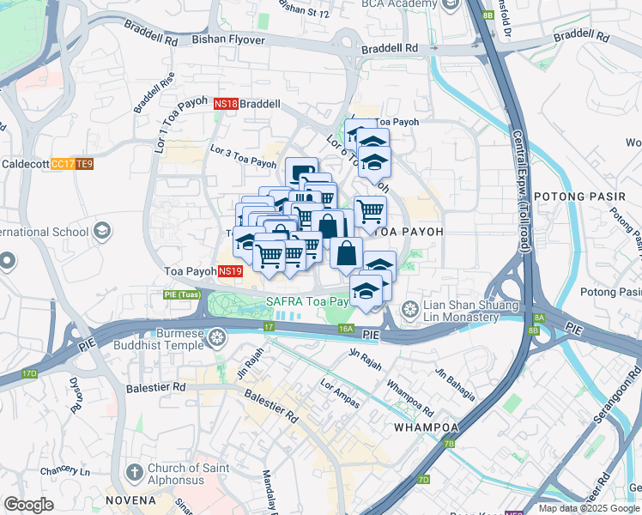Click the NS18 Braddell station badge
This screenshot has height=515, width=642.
click(226, 104)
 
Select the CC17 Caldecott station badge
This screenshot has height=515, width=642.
click(62, 164)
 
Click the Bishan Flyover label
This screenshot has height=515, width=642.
click(228, 39)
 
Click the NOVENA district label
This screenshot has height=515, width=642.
click(131, 500)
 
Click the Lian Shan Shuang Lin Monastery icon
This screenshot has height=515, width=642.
click(411, 308)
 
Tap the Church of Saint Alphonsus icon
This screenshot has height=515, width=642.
click(133, 472)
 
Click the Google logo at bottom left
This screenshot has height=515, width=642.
click(28, 505)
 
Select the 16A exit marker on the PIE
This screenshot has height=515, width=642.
click(346, 328)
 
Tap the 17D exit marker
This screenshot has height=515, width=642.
click(30, 373)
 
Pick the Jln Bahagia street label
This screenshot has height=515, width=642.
click(455, 384)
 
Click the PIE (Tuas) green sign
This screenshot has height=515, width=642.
click(182, 294)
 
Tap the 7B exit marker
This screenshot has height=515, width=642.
click(449, 444)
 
